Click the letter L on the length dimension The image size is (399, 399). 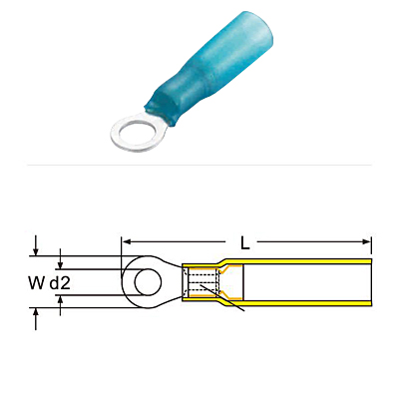point(245,244)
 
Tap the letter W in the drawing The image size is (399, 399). point(36,283)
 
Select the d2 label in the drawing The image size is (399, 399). point(60,283)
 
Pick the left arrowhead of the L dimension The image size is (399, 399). point(126,241)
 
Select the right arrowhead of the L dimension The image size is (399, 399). point(366,241)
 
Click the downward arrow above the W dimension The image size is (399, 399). point(36,246)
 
